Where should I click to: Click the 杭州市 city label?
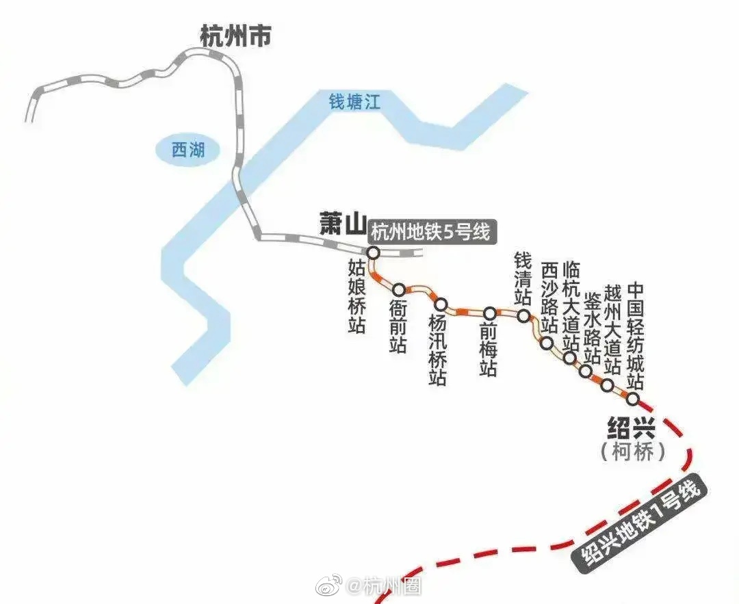(x=235, y=36)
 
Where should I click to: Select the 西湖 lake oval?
(x=188, y=150)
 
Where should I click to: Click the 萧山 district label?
(x=343, y=224)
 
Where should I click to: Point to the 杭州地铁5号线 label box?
(x=431, y=232)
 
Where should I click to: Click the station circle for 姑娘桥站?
(x=373, y=253)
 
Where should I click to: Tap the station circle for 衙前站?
(x=399, y=290)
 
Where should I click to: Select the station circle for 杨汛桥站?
(x=441, y=304)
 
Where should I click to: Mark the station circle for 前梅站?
(x=489, y=313)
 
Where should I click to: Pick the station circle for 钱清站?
(x=523, y=316)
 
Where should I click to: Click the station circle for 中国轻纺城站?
(x=633, y=398)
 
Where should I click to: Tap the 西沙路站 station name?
(x=549, y=298)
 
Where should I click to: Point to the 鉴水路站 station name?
(x=592, y=326)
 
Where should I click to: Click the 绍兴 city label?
(x=631, y=430)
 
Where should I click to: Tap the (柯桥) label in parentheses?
(x=632, y=452)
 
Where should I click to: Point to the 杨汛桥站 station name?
(x=437, y=350)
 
